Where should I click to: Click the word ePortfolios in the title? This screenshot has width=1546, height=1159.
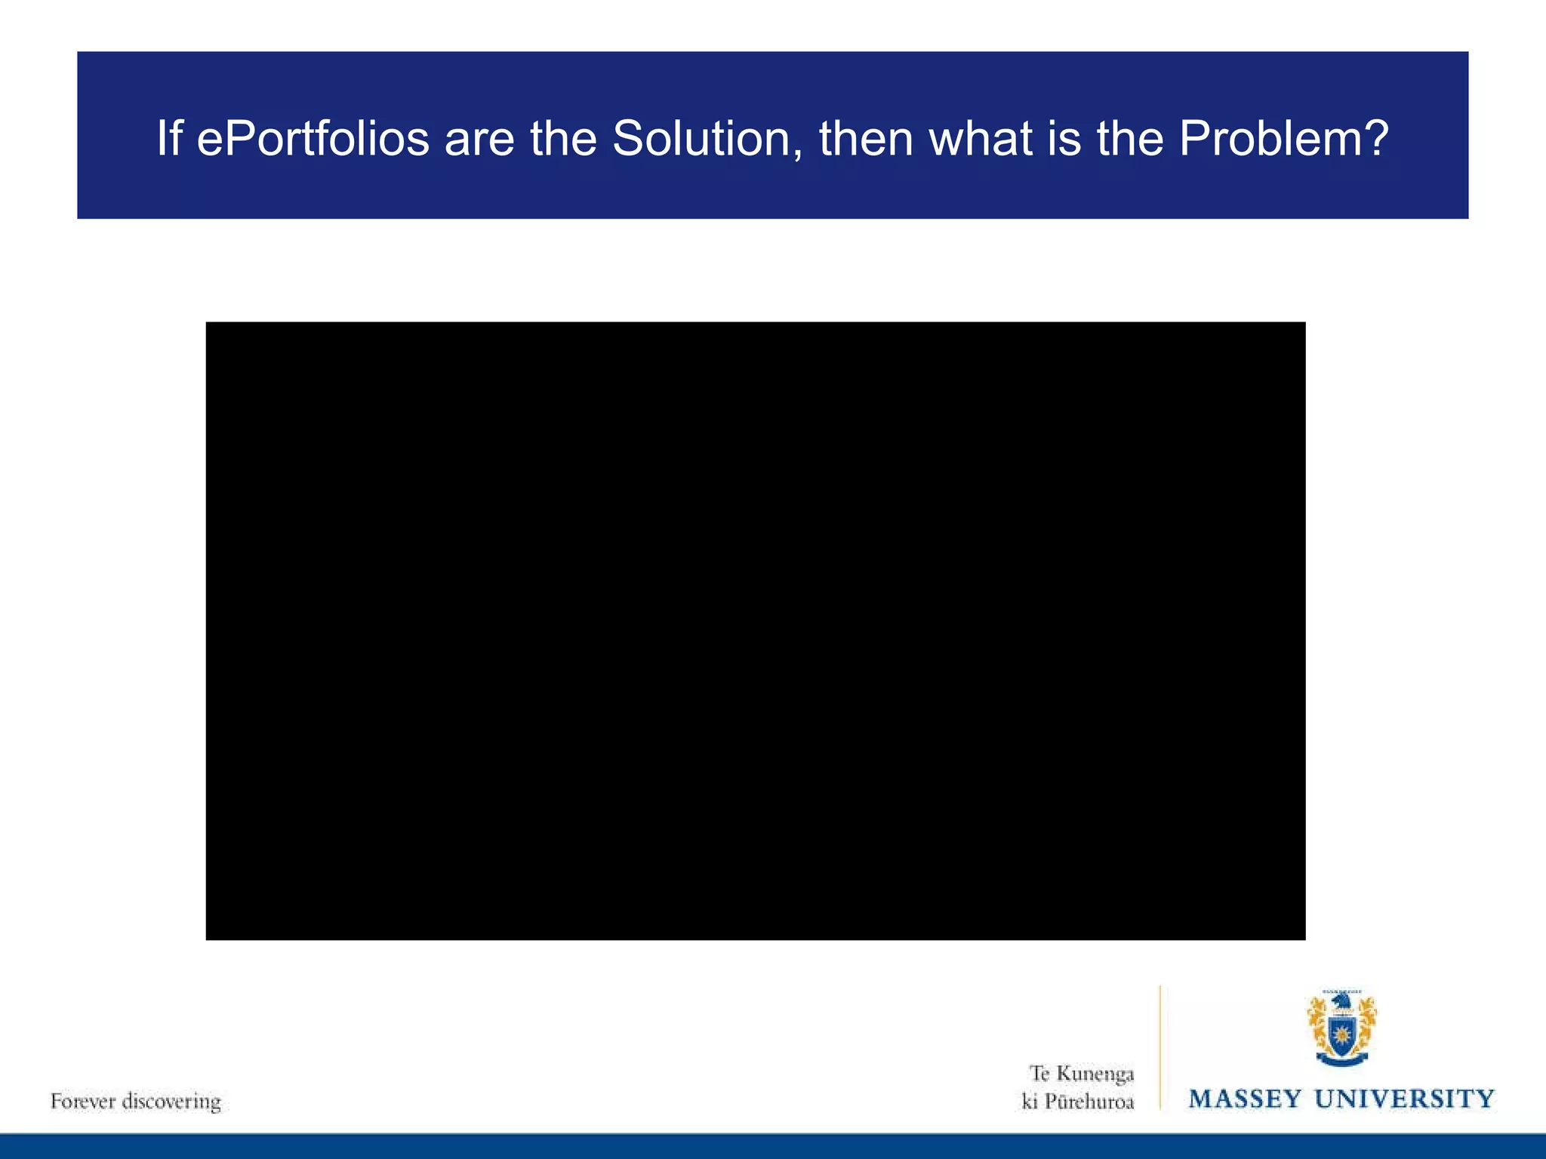[x=313, y=140]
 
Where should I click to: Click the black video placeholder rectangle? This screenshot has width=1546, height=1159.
[x=755, y=631]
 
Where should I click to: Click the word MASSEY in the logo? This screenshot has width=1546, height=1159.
[x=1246, y=1099]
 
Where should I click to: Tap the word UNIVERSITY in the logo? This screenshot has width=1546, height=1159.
[x=1405, y=1099]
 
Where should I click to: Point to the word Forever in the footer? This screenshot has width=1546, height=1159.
[x=82, y=1101]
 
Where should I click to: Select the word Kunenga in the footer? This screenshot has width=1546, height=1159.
[x=1095, y=1074]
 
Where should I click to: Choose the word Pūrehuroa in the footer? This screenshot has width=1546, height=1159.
[x=1089, y=1102]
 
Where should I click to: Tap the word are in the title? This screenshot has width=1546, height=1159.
[x=479, y=140]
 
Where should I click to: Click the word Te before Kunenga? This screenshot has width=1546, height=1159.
[x=1040, y=1074]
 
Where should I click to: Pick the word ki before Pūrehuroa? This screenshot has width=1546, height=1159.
[x=1030, y=1102]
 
